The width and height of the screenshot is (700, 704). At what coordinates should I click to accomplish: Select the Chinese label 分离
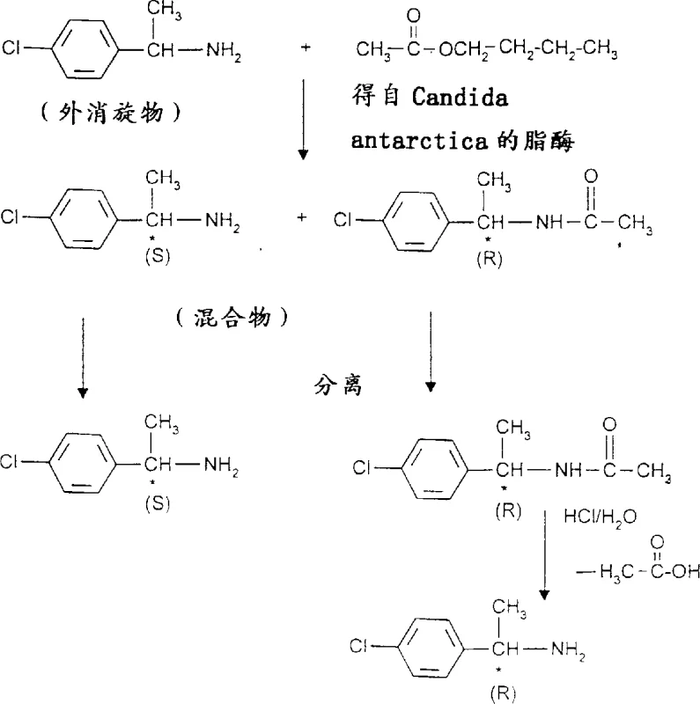click(x=338, y=385)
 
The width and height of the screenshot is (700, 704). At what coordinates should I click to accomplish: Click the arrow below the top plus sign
click(x=303, y=119)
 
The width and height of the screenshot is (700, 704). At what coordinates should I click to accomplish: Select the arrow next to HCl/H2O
click(x=544, y=550)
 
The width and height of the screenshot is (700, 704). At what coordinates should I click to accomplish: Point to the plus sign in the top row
click(x=306, y=42)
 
